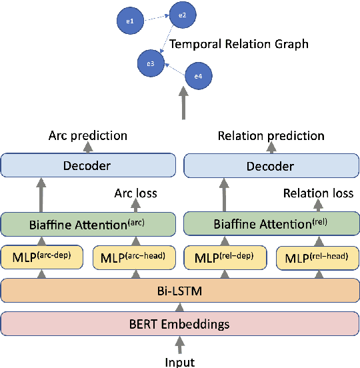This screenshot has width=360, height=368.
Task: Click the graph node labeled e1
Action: click(x=130, y=21)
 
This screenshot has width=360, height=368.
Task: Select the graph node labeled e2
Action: click(x=183, y=14)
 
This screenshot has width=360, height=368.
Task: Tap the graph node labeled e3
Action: click(x=151, y=63)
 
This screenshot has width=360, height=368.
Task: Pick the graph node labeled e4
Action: click(x=197, y=77)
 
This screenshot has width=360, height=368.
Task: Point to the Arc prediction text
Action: click(x=88, y=136)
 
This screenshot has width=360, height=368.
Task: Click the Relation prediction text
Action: click(x=271, y=136)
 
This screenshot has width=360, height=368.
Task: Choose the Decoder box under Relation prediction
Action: click(x=271, y=165)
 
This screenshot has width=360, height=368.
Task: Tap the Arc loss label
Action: click(x=135, y=194)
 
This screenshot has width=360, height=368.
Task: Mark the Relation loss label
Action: click(x=318, y=194)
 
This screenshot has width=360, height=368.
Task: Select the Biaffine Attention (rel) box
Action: click(x=271, y=223)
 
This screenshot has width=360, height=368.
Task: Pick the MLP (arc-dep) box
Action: click(x=41, y=257)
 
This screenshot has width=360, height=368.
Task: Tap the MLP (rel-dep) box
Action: click(x=225, y=257)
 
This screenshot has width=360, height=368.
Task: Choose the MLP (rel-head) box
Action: click(x=318, y=257)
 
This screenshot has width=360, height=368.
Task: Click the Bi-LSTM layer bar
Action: click(x=180, y=291)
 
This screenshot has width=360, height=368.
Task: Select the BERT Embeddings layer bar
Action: click(x=180, y=324)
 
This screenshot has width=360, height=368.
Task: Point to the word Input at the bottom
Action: click(x=180, y=361)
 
